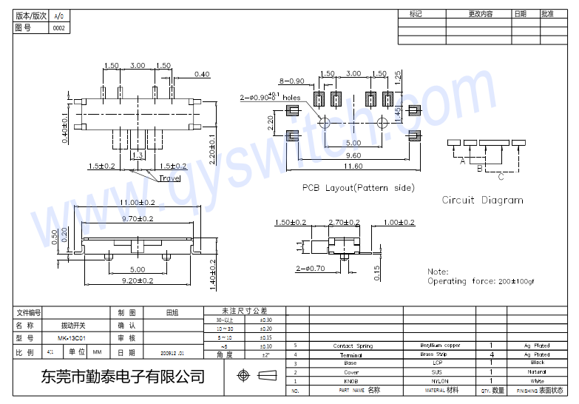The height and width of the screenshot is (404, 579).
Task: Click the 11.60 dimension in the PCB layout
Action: tap(352, 166)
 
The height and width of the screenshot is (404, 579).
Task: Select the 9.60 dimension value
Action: tap(353, 155)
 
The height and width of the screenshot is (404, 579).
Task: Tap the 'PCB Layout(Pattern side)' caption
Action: tap(358, 188)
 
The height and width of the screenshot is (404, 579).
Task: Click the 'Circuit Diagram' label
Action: tap(482, 200)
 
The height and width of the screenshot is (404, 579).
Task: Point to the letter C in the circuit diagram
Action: tap(501, 177)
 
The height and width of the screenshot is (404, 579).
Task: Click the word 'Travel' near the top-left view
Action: tap(169, 178)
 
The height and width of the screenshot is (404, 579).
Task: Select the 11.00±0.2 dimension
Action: tap(138, 202)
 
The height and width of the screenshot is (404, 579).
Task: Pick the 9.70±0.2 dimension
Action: tap(138, 218)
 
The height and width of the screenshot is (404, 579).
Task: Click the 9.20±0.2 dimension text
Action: tap(138, 280)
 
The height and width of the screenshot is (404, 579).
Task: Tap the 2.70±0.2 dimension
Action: tap(344, 222)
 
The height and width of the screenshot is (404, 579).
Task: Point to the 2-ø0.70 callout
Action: tap(310, 269)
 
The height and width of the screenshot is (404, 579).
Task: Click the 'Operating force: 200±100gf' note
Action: tap(481, 281)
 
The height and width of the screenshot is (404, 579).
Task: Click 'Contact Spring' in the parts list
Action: tap(353, 346)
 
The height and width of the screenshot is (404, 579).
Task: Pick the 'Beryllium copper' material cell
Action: tap(440, 346)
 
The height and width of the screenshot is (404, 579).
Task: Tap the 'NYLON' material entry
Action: tap(440, 380)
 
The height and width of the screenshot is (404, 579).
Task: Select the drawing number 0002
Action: tap(58, 28)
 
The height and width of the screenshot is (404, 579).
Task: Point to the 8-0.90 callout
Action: tap(291, 81)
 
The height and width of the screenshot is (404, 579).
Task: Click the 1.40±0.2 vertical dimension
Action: tap(213, 272)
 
